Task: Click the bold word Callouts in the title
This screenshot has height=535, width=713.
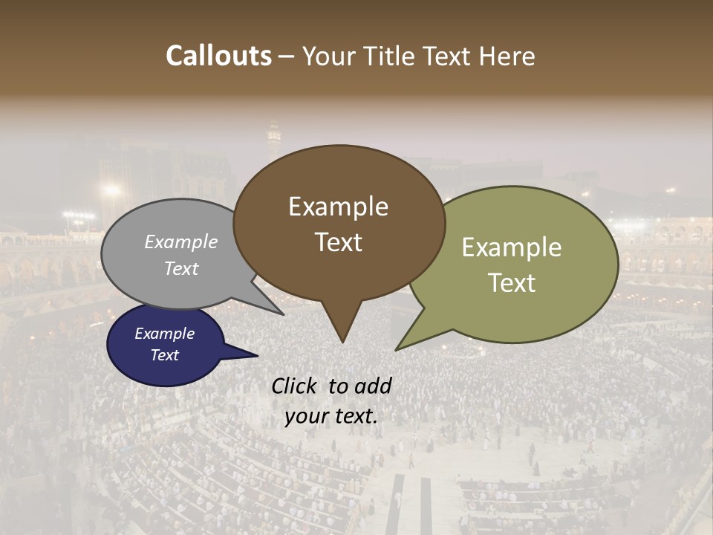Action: (x=218, y=56)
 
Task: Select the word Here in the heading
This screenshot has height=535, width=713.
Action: (x=508, y=56)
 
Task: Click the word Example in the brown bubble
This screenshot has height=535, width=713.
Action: (x=338, y=207)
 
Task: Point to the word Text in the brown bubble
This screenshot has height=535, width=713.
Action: (x=338, y=242)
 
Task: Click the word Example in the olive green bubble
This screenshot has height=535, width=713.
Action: (x=512, y=247)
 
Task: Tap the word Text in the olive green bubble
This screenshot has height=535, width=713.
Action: (x=512, y=283)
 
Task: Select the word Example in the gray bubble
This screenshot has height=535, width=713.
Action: (x=181, y=241)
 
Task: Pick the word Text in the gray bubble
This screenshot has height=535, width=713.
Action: (x=181, y=268)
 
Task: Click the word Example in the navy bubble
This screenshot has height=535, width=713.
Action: (x=164, y=334)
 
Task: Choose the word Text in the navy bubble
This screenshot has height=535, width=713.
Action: (x=164, y=355)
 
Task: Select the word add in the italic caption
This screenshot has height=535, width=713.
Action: (x=374, y=386)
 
